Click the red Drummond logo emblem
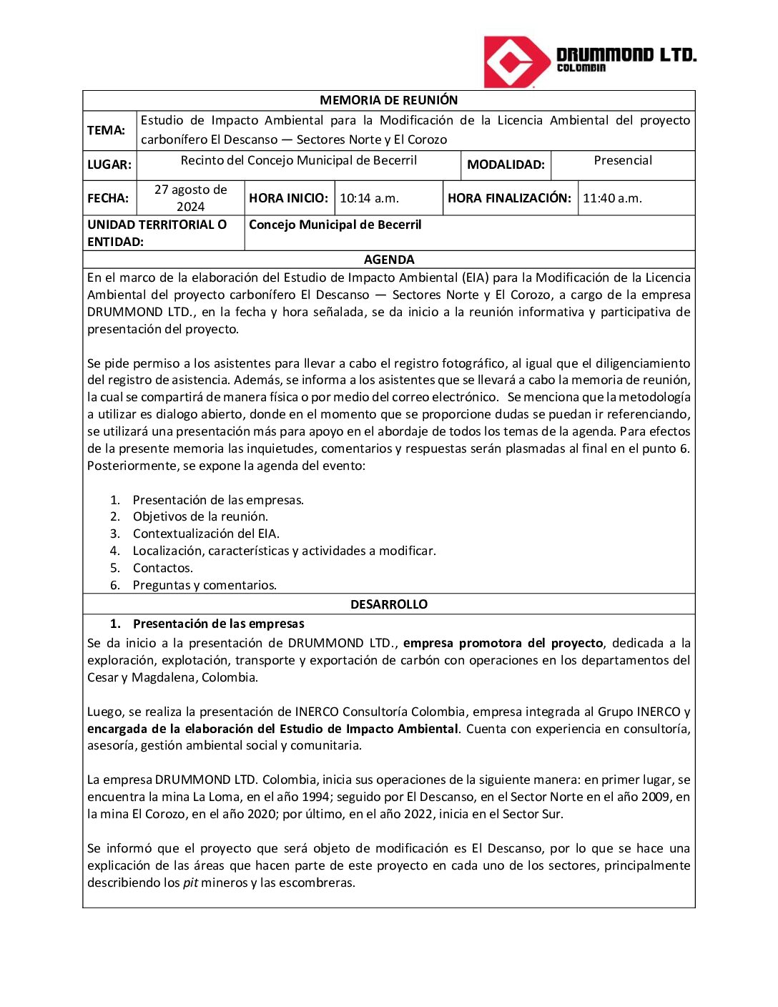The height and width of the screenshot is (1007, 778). (x=510, y=62)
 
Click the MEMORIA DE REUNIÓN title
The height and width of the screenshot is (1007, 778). (x=388, y=100)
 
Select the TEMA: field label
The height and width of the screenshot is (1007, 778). (x=106, y=130)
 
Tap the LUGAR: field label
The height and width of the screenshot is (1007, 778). (x=109, y=164)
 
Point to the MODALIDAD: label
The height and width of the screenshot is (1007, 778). (x=506, y=164)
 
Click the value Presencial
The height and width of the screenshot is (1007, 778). (x=623, y=160)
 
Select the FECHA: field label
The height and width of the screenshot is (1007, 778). (x=108, y=198)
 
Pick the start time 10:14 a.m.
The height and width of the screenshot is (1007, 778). (x=369, y=198)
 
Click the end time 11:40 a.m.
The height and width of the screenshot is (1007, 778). (x=612, y=198)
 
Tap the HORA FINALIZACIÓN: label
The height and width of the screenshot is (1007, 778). (x=509, y=198)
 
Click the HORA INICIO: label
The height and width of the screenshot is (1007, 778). (x=288, y=198)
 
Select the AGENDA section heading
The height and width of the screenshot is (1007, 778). (x=388, y=260)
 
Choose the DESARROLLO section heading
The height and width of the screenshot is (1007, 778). (x=388, y=604)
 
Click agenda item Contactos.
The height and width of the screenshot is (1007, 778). (x=162, y=568)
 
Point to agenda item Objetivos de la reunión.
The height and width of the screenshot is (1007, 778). (x=200, y=516)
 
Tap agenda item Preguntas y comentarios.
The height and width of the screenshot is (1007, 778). (x=205, y=585)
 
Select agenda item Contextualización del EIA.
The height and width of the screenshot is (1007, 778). (x=206, y=534)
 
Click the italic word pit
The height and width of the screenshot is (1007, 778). (x=190, y=883)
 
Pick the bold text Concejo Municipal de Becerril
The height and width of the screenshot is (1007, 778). (x=335, y=225)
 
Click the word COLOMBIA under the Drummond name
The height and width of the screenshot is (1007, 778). (x=581, y=68)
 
